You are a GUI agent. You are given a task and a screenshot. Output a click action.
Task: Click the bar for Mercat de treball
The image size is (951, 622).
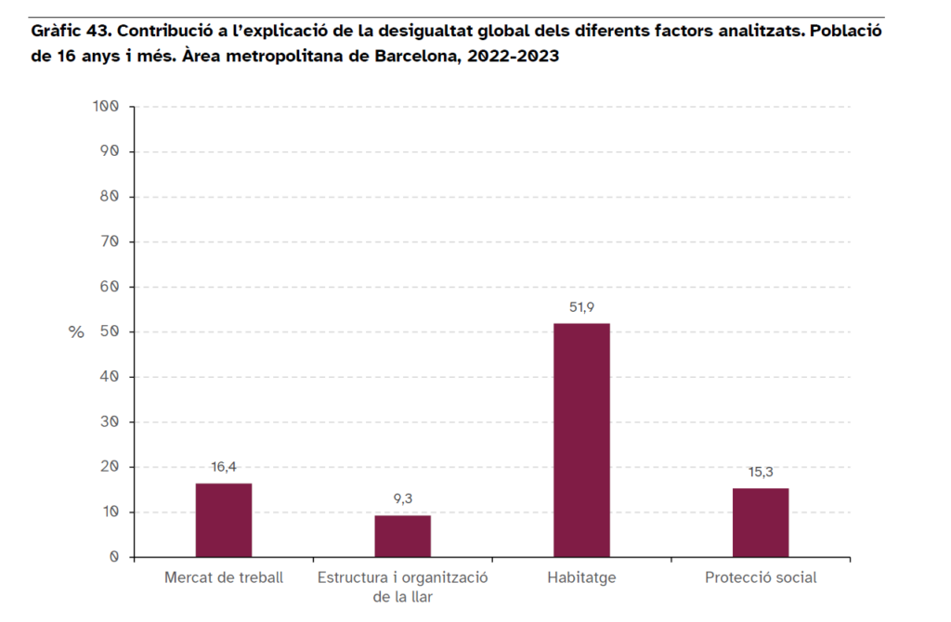coord(223,520)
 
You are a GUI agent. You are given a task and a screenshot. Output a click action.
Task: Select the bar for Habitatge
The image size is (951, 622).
coord(581,440)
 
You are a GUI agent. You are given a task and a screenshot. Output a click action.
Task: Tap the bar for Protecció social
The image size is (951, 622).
coord(761,523)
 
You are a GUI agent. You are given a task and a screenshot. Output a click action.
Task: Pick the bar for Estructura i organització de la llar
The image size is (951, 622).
coord(402,536)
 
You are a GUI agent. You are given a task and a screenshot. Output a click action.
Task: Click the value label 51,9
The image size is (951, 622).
coord(581,307)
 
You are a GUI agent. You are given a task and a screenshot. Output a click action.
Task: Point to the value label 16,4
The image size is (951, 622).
coord(224,467)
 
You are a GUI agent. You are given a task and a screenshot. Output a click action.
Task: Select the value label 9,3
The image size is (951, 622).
coord(403,499)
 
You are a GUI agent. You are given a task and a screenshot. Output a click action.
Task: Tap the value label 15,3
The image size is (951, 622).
coord(761,472)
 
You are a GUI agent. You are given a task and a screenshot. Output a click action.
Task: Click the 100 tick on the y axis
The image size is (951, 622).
coord(107,106)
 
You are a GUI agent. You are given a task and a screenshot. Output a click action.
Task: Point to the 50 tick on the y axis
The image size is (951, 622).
coord(111,331)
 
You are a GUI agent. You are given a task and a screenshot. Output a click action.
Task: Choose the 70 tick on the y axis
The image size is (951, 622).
coord(111,241)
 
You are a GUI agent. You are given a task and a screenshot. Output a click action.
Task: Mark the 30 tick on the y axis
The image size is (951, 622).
coord(111,421)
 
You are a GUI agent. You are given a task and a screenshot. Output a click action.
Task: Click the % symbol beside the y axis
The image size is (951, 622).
coord(76,332)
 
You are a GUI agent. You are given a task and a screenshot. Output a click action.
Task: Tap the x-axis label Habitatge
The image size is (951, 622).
coord(581,577)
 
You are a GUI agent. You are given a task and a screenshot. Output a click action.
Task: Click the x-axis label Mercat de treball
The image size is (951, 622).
coord(224,577)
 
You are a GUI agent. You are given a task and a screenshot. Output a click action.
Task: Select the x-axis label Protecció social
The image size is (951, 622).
coord(761,577)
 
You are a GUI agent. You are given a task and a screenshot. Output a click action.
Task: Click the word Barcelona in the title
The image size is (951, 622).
coord(413,55)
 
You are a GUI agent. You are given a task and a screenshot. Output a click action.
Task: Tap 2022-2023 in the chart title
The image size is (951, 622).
coord(514,55)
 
